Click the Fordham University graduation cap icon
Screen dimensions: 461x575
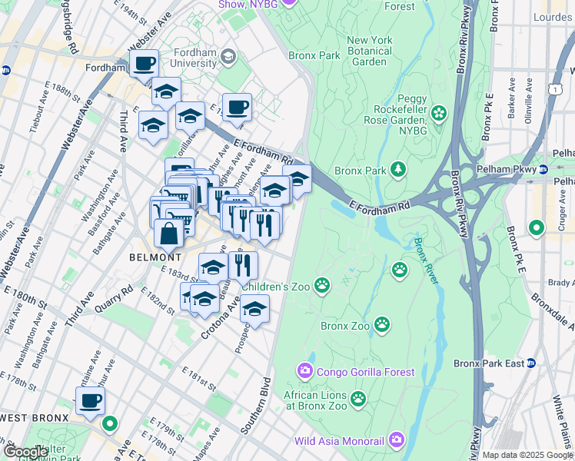tap(228, 56)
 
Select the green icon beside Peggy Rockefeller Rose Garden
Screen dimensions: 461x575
tap(439, 114)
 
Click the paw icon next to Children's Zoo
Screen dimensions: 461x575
tap(322, 287)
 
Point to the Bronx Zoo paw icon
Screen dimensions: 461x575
tap(382, 325)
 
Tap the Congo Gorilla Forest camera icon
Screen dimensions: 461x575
tap(305, 372)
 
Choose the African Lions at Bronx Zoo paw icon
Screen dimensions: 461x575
tap(357, 398)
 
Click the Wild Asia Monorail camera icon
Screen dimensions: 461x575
tap(397, 440)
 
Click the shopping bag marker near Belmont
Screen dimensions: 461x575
tap(168, 234)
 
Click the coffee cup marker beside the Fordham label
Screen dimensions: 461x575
tap(144, 64)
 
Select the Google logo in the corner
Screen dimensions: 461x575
tap(25, 452)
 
